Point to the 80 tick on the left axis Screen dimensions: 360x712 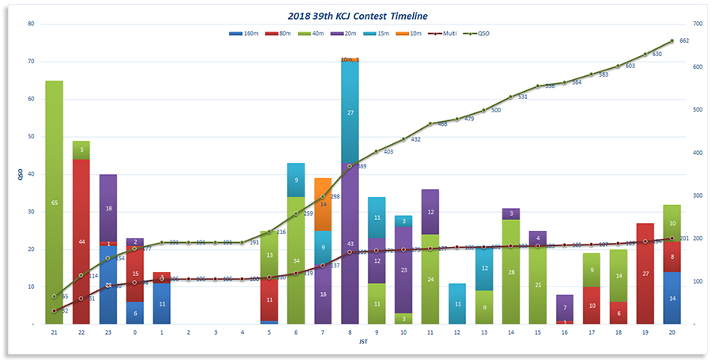[31, 24]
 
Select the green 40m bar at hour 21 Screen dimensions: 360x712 [55, 203]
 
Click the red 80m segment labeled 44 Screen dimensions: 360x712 [81, 241]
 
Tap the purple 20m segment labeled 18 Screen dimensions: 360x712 [108, 208]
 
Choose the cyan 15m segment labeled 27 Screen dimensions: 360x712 [350, 112]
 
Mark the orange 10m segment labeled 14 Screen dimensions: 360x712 [323, 204]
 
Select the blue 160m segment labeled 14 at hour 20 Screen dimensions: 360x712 [672, 298]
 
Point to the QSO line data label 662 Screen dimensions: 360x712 [684, 40]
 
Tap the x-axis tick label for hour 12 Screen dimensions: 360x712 [457, 334]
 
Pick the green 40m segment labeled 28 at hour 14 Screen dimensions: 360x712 [511, 271]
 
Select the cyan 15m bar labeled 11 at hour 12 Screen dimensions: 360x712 [457, 304]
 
